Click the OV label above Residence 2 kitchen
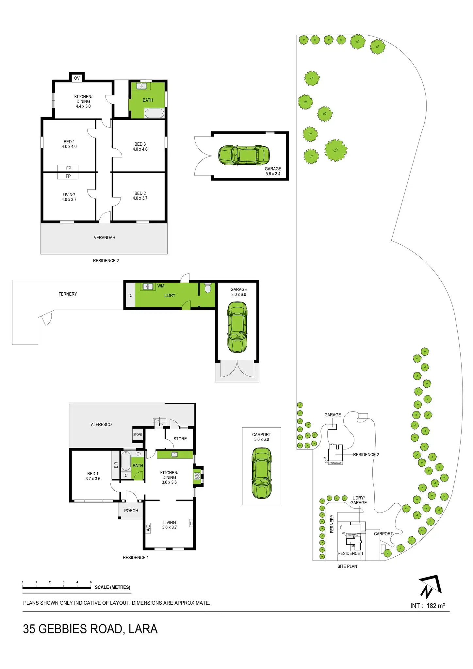pyautogui.click(x=77, y=78)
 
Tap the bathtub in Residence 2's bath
pyautogui.click(x=154, y=114)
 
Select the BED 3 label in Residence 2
pyautogui.click(x=140, y=144)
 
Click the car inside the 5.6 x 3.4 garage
pyautogui.click(x=244, y=155)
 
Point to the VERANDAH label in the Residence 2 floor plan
pyautogui.click(x=105, y=237)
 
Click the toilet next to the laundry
pyautogui.click(x=208, y=288)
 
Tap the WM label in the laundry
pyautogui.click(x=161, y=286)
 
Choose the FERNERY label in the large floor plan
pyautogui.click(x=68, y=294)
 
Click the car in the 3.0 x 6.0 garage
pyautogui.click(x=237, y=327)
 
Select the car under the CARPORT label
pyautogui.click(x=262, y=473)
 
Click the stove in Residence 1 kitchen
pyautogui.click(x=197, y=476)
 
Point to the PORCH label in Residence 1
pyautogui.click(x=131, y=511)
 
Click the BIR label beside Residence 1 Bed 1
pyautogui.click(x=116, y=465)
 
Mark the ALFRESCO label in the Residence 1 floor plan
pyautogui.click(x=101, y=424)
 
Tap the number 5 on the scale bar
pyautogui.click(x=91, y=582)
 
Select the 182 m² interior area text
pyautogui.click(x=435, y=606)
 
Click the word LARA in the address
pyautogui.click(x=143, y=629)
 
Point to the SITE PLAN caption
pyautogui.click(x=347, y=566)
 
